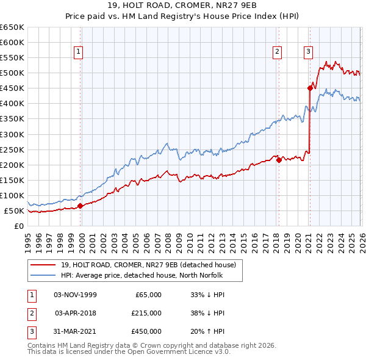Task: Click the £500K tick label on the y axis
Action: point(12,73)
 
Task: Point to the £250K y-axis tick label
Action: point(12,149)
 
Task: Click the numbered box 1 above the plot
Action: point(79,52)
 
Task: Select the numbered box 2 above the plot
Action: point(278,52)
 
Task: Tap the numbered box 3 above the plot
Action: point(309,52)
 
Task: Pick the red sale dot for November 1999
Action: point(80,206)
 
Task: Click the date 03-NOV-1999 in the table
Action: point(76,295)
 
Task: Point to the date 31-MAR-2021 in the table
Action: point(76,331)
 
